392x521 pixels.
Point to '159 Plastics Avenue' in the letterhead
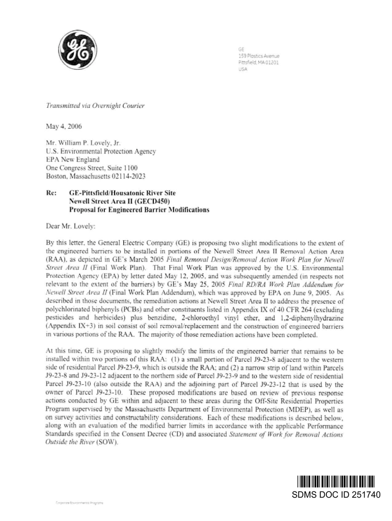click(259, 55)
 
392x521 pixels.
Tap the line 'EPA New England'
click(71, 159)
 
